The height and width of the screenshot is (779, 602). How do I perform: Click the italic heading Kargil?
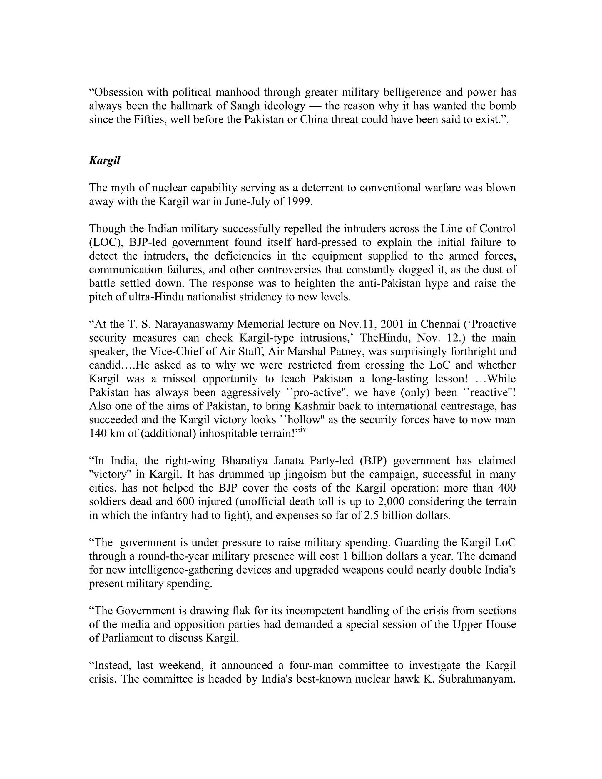pos(104,161)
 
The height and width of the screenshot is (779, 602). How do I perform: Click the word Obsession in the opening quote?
pos(119,92)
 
